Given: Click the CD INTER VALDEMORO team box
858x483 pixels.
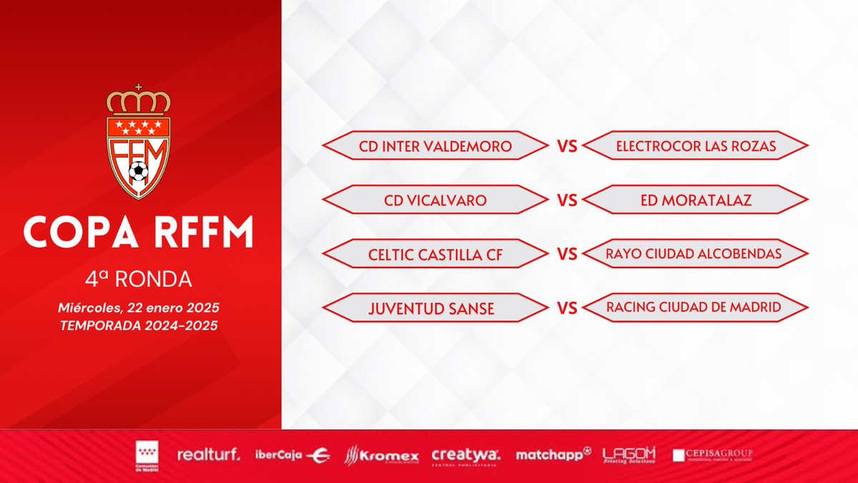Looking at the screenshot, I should click(x=435, y=147).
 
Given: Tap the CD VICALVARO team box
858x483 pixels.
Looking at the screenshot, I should click(x=435, y=200).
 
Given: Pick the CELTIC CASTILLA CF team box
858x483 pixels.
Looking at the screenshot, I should click(x=435, y=254).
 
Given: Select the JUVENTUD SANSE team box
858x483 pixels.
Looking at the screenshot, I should click(x=435, y=308).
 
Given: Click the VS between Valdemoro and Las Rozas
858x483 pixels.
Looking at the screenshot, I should click(x=567, y=147).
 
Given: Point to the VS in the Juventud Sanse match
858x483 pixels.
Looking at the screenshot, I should click(x=567, y=308).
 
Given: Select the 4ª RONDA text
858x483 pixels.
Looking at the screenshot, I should click(x=139, y=277).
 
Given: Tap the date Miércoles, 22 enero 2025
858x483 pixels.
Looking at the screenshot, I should click(x=139, y=307).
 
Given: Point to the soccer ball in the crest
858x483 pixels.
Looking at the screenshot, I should click(x=139, y=172).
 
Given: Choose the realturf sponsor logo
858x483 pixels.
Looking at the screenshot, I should click(x=208, y=454).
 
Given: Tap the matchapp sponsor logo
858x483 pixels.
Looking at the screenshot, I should click(x=553, y=454).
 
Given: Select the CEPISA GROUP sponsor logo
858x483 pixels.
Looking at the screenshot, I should click(x=713, y=455).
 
